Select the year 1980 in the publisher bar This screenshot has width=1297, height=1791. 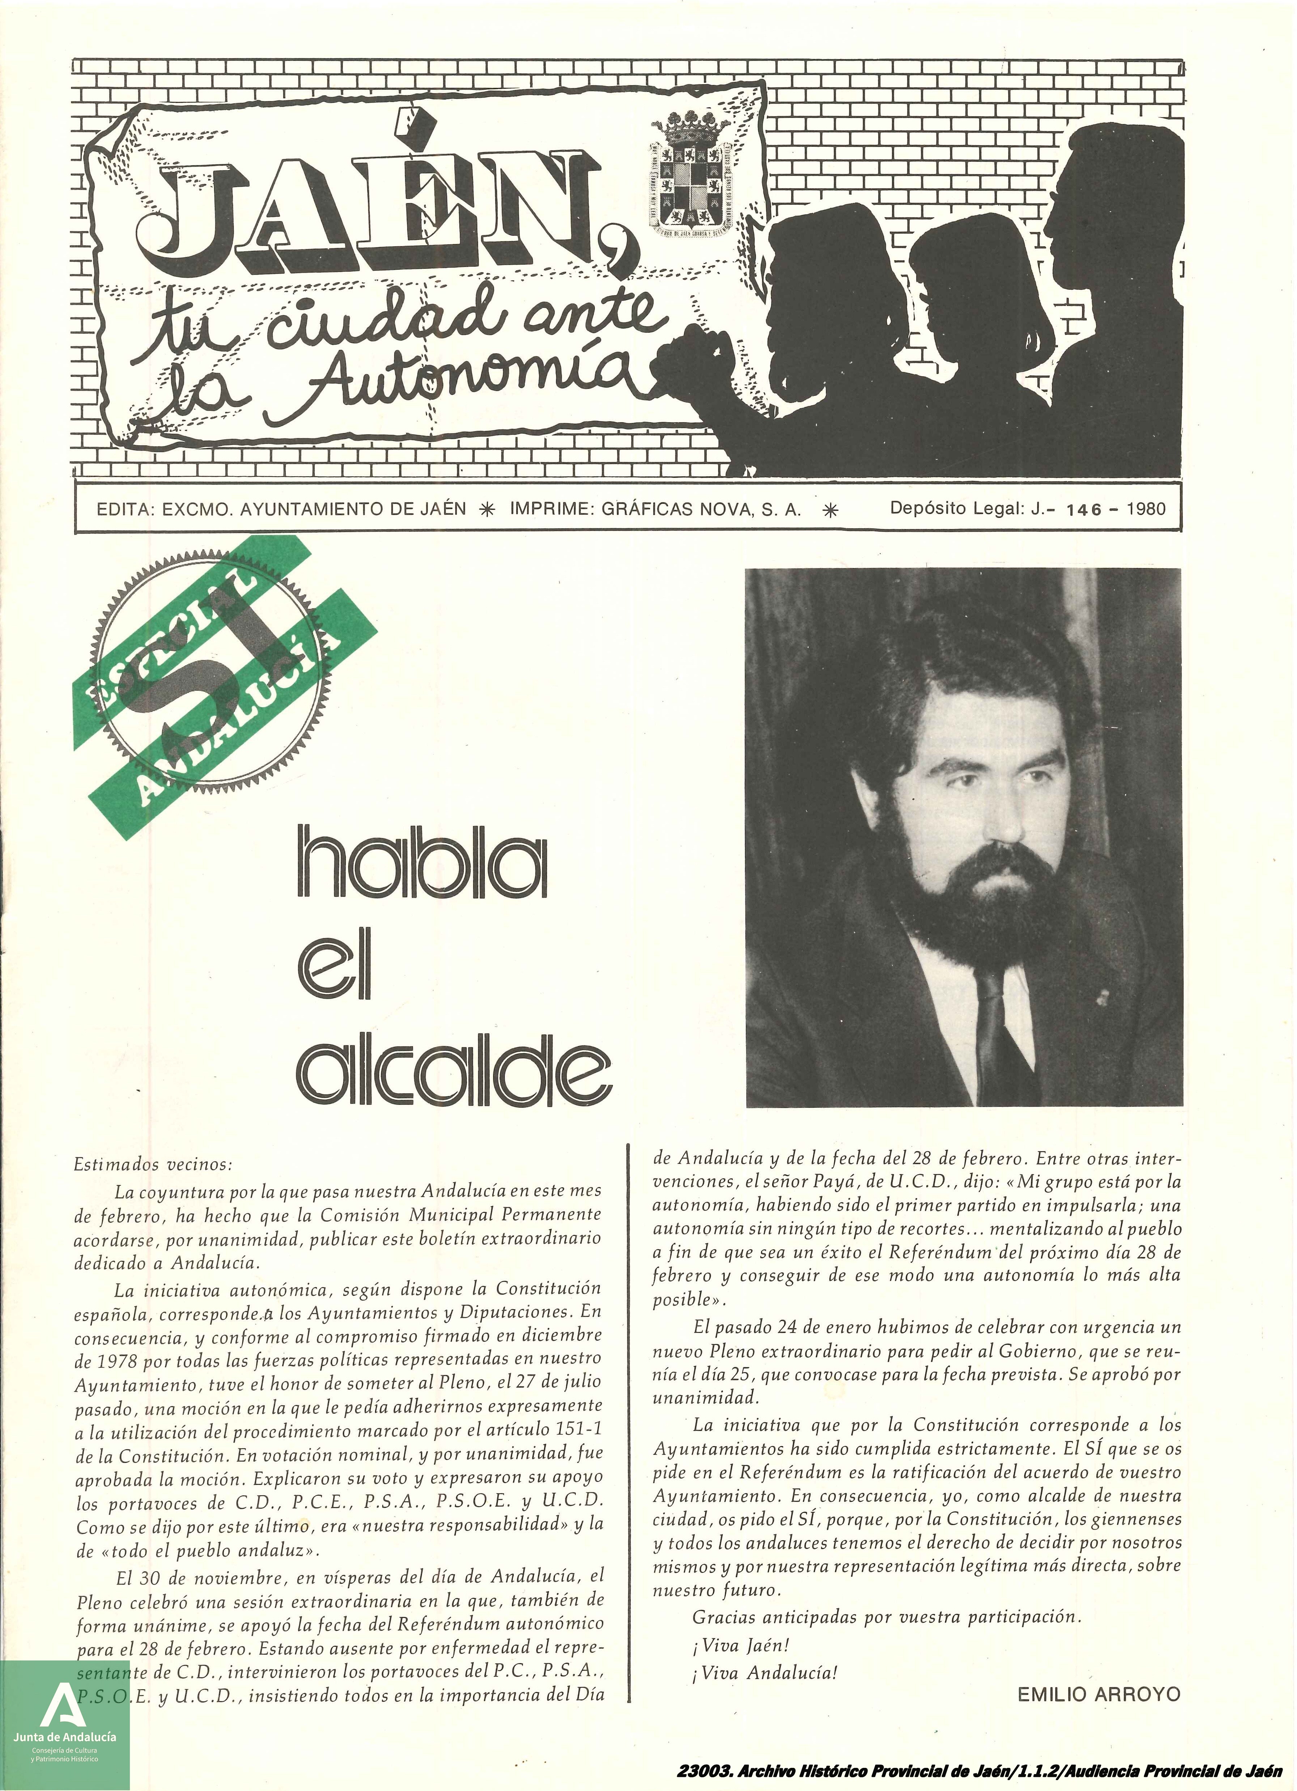(x=1145, y=509)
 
